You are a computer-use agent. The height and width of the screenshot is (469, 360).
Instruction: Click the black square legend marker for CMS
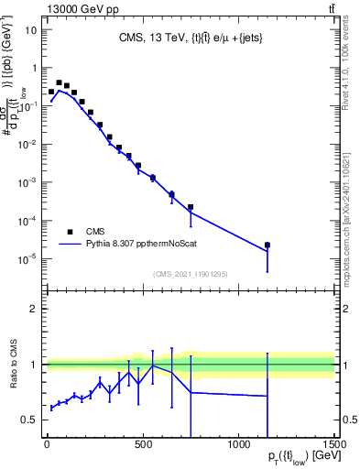(x=69, y=232)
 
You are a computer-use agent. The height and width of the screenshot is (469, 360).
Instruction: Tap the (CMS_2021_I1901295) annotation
(x=190, y=274)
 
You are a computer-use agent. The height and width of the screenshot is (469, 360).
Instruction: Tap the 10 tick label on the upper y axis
(x=31, y=29)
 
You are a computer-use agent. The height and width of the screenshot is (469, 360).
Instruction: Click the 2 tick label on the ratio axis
(x=33, y=309)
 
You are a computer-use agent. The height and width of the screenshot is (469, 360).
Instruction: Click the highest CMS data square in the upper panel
(x=59, y=82)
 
